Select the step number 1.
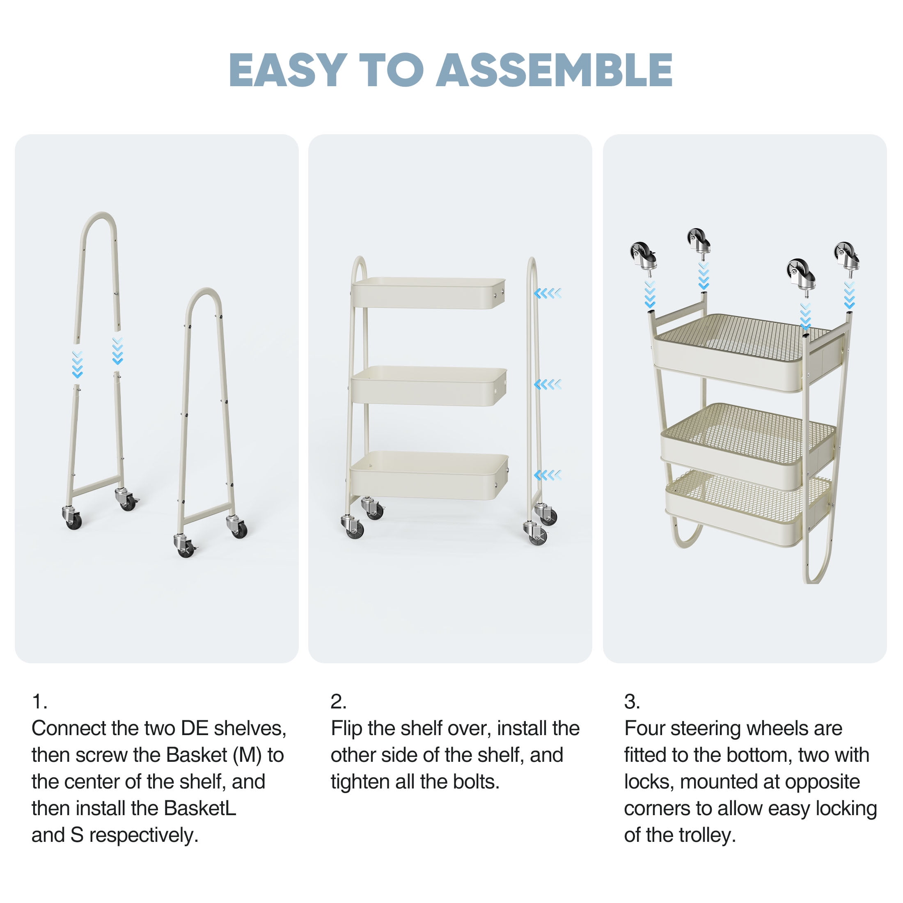click(x=39, y=701)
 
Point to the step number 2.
click(x=338, y=701)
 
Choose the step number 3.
click(x=633, y=701)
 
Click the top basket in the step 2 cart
click(x=428, y=293)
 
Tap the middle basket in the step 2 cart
click(x=429, y=386)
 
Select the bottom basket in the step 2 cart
click(x=429, y=475)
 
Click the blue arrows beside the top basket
click(x=548, y=293)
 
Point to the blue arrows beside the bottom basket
click(x=548, y=475)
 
